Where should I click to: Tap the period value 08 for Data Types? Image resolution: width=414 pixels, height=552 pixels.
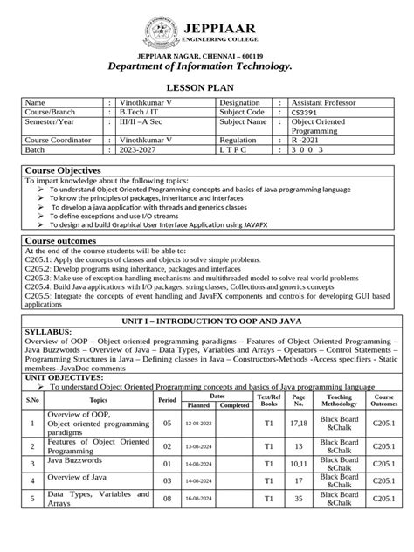(167, 499)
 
